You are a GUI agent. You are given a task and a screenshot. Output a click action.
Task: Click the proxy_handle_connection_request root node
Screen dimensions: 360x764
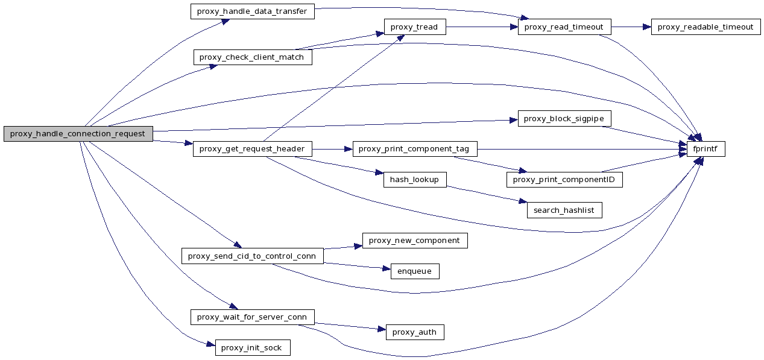tap(78, 134)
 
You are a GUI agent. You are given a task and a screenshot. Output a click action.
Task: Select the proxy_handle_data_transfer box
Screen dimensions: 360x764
tap(252, 11)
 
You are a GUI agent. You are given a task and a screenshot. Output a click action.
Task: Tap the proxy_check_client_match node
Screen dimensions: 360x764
tap(253, 57)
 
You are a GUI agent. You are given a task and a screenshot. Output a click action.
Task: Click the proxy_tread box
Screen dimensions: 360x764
tap(414, 27)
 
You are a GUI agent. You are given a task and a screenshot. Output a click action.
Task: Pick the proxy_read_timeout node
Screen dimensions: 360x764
tap(564, 27)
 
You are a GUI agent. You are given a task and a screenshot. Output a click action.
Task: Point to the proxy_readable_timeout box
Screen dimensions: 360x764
tap(706, 27)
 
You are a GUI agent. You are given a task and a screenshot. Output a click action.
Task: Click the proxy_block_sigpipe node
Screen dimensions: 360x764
tap(564, 119)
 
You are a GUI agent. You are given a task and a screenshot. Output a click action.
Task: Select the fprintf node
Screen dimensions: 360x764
tap(706, 149)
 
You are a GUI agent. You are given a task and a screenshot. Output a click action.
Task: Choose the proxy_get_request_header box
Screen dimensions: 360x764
tap(253, 149)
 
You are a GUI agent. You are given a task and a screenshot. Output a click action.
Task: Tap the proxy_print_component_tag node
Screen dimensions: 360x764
tap(415, 149)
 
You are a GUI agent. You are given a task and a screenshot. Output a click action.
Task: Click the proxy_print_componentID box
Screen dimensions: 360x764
tap(564, 180)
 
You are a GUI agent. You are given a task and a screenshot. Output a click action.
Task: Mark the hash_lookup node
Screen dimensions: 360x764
tap(414, 180)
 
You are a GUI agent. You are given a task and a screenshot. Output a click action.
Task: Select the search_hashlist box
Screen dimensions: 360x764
tap(564, 210)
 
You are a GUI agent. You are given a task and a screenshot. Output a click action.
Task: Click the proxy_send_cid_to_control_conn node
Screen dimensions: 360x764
tap(252, 256)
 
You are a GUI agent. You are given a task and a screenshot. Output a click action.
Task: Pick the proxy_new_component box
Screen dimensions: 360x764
tap(414, 241)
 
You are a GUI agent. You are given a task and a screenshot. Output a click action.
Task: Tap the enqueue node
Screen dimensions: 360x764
tap(414, 271)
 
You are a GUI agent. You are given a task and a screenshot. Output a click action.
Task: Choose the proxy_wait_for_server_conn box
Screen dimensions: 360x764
tap(252, 317)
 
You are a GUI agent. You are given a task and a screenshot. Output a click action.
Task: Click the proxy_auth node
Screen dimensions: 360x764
tap(414, 332)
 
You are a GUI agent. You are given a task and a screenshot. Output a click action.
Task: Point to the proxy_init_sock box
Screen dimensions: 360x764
tap(252, 348)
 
